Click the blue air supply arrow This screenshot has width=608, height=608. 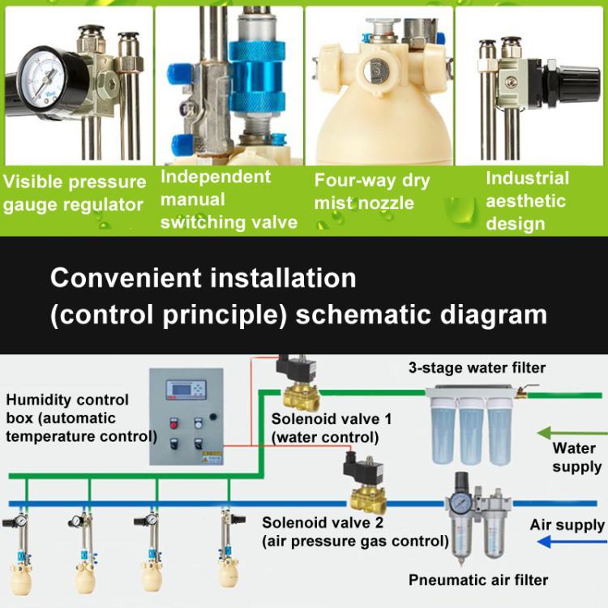[568, 542]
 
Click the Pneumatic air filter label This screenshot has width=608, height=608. [478, 580]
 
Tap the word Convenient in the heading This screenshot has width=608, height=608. [122, 278]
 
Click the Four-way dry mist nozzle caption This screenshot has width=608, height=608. [372, 191]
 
